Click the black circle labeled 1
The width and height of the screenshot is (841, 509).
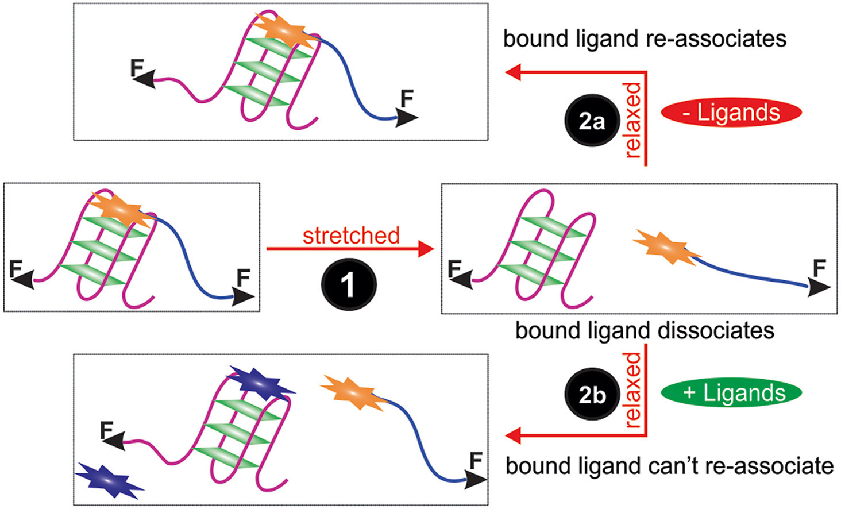click(x=348, y=285)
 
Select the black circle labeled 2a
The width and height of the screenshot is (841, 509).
click(x=592, y=121)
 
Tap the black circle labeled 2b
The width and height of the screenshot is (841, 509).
click(x=592, y=395)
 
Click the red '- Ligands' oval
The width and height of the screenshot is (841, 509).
click(x=731, y=113)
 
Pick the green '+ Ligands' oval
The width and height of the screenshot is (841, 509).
click(x=731, y=393)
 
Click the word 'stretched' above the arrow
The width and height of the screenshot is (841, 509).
click(x=351, y=236)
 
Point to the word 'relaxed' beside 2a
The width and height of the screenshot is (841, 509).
click(x=632, y=120)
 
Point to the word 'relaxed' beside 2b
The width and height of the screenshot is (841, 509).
click(x=632, y=391)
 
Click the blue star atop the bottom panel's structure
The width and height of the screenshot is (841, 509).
click(x=261, y=383)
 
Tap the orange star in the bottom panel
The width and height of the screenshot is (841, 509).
click(x=352, y=392)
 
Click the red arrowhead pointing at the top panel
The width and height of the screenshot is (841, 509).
click(x=512, y=72)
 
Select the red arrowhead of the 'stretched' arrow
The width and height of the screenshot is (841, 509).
click(x=426, y=249)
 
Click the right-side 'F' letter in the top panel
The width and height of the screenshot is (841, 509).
click(x=407, y=99)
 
